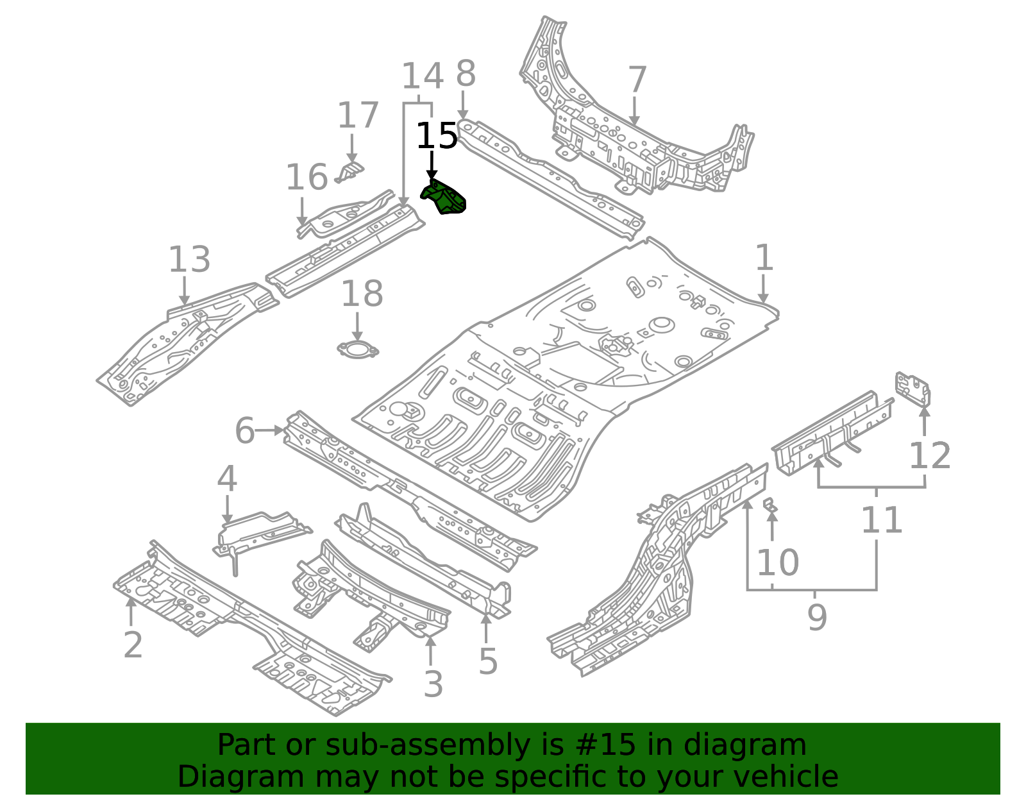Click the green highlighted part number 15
[444, 198]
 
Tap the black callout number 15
[437, 137]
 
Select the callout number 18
[362, 294]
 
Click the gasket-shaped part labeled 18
[358, 350]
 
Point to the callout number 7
[636, 80]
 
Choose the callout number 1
[764, 258]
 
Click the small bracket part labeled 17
[351, 171]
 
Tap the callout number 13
[189, 260]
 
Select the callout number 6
[244, 430]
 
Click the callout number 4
[227, 479]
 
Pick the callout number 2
[133, 645]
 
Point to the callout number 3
[433, 684]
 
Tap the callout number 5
[488, 661]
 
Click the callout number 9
[817, 617]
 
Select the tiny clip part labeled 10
[771, 505]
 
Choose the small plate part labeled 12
[913, 389]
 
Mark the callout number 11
[882, 520]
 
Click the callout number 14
[423, 76]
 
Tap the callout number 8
[466, 74]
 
